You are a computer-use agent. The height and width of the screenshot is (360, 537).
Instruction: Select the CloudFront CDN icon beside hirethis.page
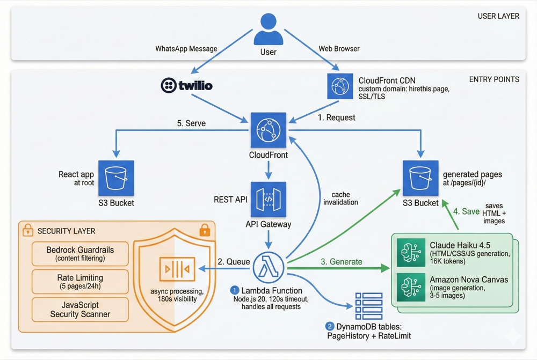coord(340,86)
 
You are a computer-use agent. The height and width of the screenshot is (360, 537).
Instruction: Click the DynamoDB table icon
coord(369,306)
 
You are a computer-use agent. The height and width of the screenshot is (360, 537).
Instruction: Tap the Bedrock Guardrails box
coord(81,254)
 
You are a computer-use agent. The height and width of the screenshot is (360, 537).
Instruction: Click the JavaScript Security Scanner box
coord(81,310)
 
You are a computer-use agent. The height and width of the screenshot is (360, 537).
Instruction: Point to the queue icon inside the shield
coord(177,269)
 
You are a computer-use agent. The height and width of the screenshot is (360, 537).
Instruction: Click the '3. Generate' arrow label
coord(342,262)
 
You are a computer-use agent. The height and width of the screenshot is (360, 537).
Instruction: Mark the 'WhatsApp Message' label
coord(186,49)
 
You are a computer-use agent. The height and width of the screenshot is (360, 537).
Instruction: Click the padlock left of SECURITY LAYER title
coord(27,231)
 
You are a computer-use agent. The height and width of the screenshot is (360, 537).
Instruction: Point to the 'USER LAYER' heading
coord(498,16)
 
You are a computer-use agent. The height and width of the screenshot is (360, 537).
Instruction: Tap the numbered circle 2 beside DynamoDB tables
coord(330,326)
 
